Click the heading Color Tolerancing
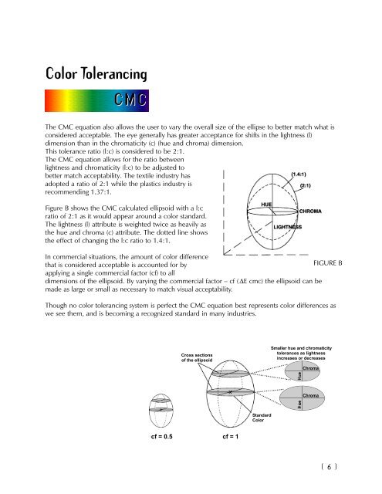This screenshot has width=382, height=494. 96,74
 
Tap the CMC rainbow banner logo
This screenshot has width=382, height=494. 96,101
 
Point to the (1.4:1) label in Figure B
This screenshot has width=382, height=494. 298,174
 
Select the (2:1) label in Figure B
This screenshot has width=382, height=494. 305,185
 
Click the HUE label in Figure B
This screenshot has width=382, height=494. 266,205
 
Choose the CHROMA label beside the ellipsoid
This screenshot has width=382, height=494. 310,211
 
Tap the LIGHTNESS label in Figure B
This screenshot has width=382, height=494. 288,227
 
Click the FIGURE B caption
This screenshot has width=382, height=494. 327,263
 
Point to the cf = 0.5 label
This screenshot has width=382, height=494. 161,436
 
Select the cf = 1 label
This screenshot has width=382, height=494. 230,436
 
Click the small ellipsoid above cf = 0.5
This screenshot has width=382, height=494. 161,410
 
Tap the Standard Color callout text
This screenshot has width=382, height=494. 262,418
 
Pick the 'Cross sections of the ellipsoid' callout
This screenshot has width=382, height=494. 197,357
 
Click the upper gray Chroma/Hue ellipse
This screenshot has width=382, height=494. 303,372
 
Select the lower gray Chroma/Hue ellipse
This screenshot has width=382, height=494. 302,398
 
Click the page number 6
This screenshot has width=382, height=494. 329,466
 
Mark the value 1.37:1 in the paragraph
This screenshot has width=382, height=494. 101,192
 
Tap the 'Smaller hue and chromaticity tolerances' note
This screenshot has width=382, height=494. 301,354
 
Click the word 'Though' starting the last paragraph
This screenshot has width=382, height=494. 55,306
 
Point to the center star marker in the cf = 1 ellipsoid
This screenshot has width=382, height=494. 230,392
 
